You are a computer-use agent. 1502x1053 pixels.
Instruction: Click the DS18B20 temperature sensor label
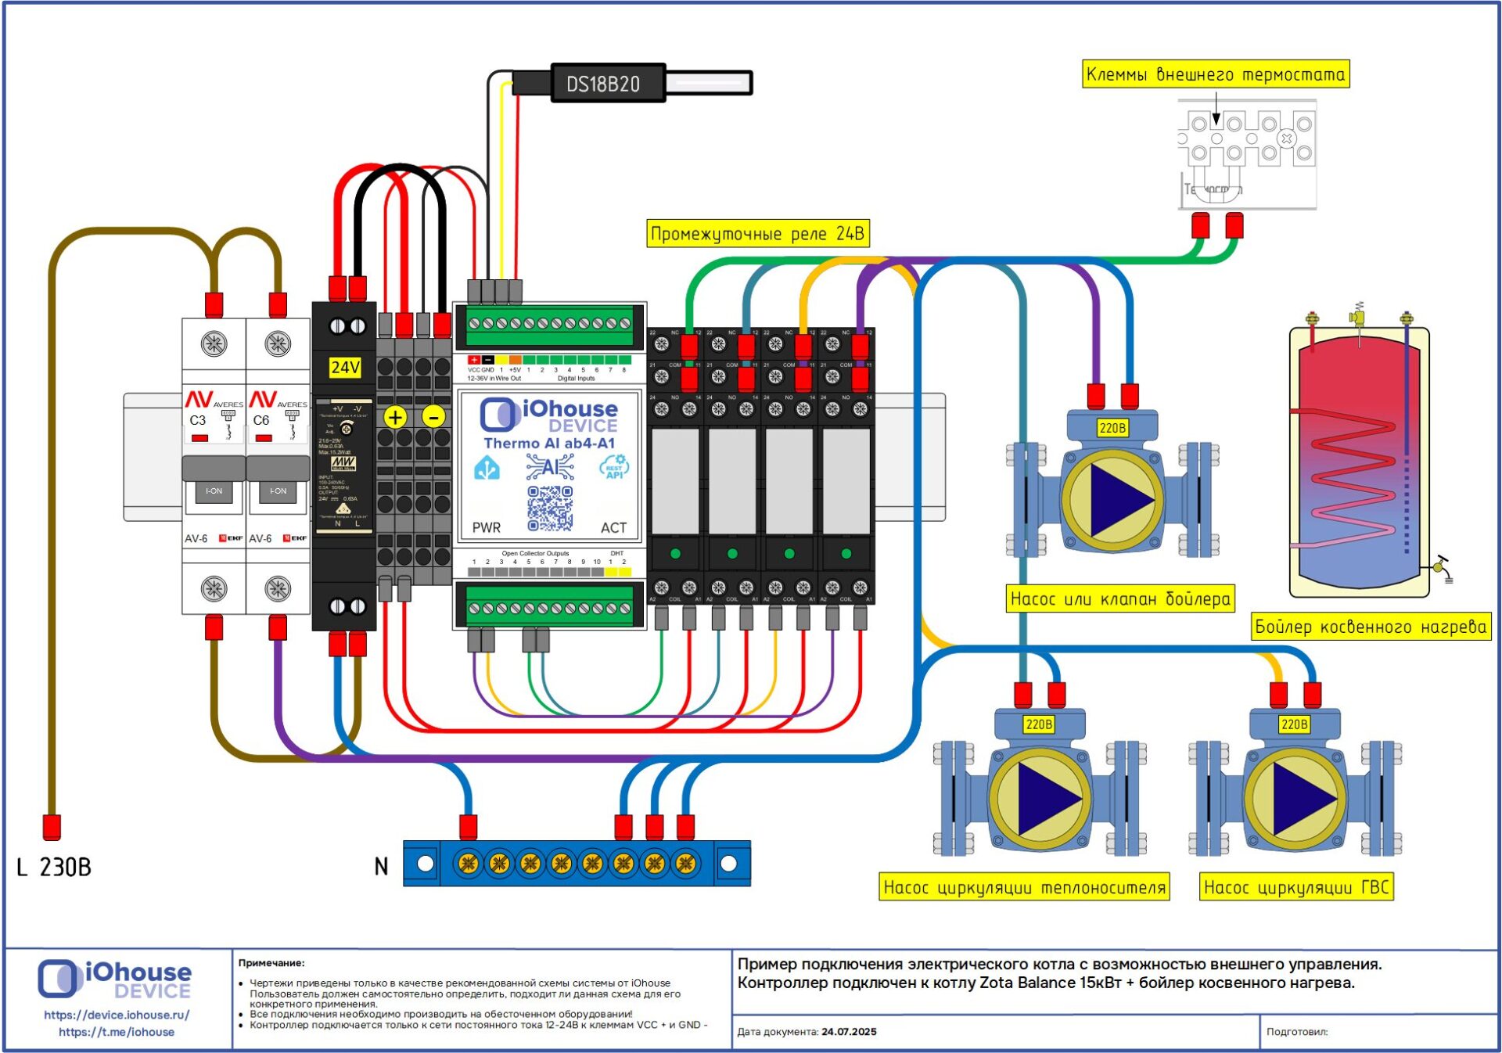pos(603,84)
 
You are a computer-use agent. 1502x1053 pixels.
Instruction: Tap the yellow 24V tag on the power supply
pos(344,367)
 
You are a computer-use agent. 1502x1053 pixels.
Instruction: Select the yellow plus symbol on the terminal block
pos(396,417)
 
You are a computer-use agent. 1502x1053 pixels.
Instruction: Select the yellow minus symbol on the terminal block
pos(433,417)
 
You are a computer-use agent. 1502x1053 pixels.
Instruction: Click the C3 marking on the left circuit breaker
pos(198,420)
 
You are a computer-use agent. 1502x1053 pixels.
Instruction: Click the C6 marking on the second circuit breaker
pos(261,420)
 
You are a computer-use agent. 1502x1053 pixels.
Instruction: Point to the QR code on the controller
pos(550,508)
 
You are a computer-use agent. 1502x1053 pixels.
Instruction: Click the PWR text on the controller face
pos(487,528)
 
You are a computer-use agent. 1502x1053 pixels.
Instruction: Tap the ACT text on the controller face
pos(613,528)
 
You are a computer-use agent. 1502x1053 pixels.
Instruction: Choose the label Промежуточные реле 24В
pos(757,234)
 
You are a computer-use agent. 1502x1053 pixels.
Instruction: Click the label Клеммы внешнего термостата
pos(1215,74)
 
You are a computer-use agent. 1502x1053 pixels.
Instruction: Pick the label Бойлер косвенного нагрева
pos(1370,627)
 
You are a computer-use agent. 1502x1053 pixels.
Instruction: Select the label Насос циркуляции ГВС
pos(1295,887)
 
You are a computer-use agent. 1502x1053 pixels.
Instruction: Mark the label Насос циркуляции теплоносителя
pos(1024,887)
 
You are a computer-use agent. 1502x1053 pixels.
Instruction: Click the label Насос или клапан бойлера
pos(1120,599)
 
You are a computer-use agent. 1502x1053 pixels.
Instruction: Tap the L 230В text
pos(54,867)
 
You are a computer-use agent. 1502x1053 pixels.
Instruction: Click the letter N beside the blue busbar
pos(381,866)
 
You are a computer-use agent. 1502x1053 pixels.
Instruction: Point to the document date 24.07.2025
pos(849,1032)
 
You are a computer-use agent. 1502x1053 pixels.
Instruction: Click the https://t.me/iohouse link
pos(117,1032)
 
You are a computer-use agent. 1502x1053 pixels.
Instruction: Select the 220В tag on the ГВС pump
pos(1294,724)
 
